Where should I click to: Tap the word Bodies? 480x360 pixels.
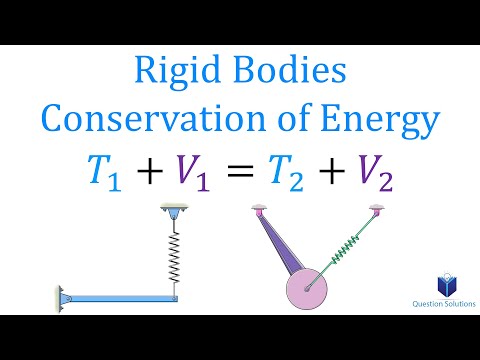tap(293, 73)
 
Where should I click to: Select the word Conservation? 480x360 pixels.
tap(155, 122)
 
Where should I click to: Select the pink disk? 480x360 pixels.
tap(308, 290)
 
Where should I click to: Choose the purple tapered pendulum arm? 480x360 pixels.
tap(275, 250)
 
